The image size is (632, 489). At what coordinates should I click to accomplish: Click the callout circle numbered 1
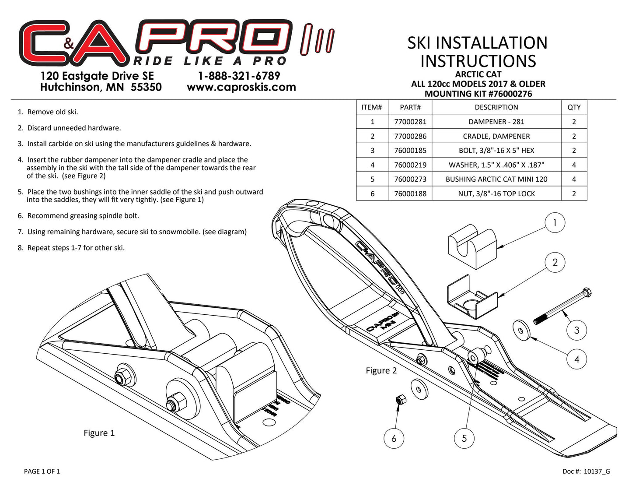(x=555, y=223)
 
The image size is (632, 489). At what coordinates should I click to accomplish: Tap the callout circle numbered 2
(x=555, y=263)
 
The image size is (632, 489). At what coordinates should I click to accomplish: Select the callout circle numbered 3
(x=576, y=330)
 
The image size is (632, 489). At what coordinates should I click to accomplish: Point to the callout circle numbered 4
(x=576, y=359)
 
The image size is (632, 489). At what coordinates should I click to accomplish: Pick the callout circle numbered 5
(x=464, y=438)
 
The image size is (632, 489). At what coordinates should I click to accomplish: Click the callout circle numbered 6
(x=394, y=438)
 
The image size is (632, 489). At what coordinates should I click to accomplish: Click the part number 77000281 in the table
(x=410, y=122)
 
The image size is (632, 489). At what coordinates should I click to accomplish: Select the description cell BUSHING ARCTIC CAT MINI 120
(x=496, y=179)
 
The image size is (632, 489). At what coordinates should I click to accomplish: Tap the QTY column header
(x=574, y=107)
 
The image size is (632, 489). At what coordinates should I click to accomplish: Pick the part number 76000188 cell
(x=410, y=193)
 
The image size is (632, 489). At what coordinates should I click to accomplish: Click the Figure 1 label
(x=99, y=433)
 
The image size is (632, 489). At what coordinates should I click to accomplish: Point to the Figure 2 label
(x=381, y=371)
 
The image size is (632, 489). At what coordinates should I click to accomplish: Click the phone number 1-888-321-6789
(x=239, y=76)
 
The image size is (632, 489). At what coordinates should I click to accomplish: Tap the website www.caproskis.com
(x=241, y=87)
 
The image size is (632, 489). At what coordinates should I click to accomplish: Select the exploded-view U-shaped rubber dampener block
(x=472, y=246)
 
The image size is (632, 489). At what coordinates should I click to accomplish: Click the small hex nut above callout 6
(x=400, y=400)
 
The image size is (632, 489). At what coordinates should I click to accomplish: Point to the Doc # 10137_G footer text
(x=586, y=471)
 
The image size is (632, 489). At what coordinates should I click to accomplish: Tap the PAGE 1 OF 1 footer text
(x=42, y=471)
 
